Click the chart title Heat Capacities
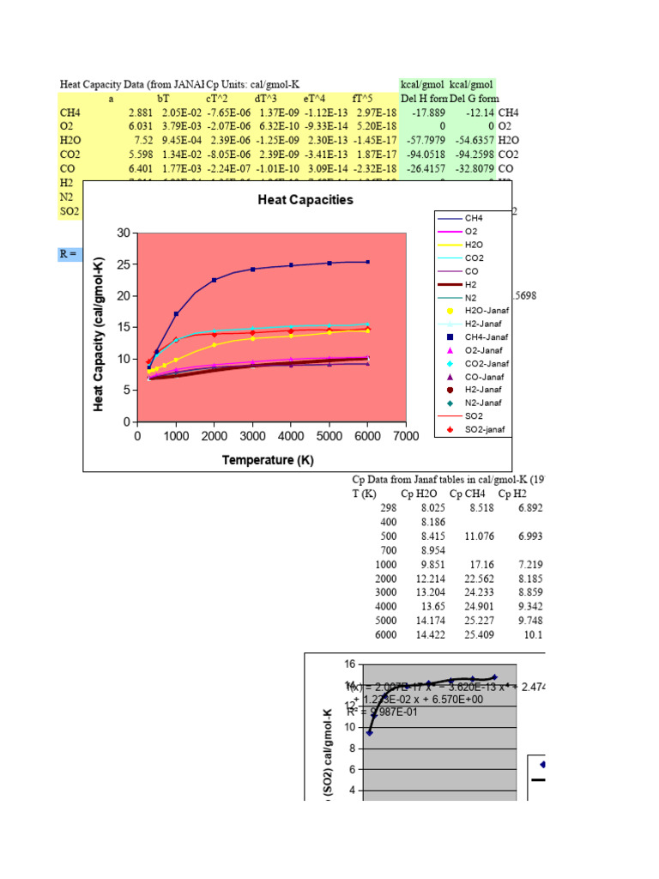(x=305, y=200)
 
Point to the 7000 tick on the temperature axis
(x=406, y=436)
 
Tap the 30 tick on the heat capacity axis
(x=123, y=233)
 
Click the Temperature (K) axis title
(x=268, y=460)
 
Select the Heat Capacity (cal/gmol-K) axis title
(x=100, y=327)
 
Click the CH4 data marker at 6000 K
(x=368, y=262)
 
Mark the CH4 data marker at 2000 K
(x=215, y=280)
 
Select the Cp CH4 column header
(x=468, y=494)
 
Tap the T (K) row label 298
(x=387, y=508)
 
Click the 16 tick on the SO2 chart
(x=349, y=664)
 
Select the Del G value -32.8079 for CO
(x=476, y=169)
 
